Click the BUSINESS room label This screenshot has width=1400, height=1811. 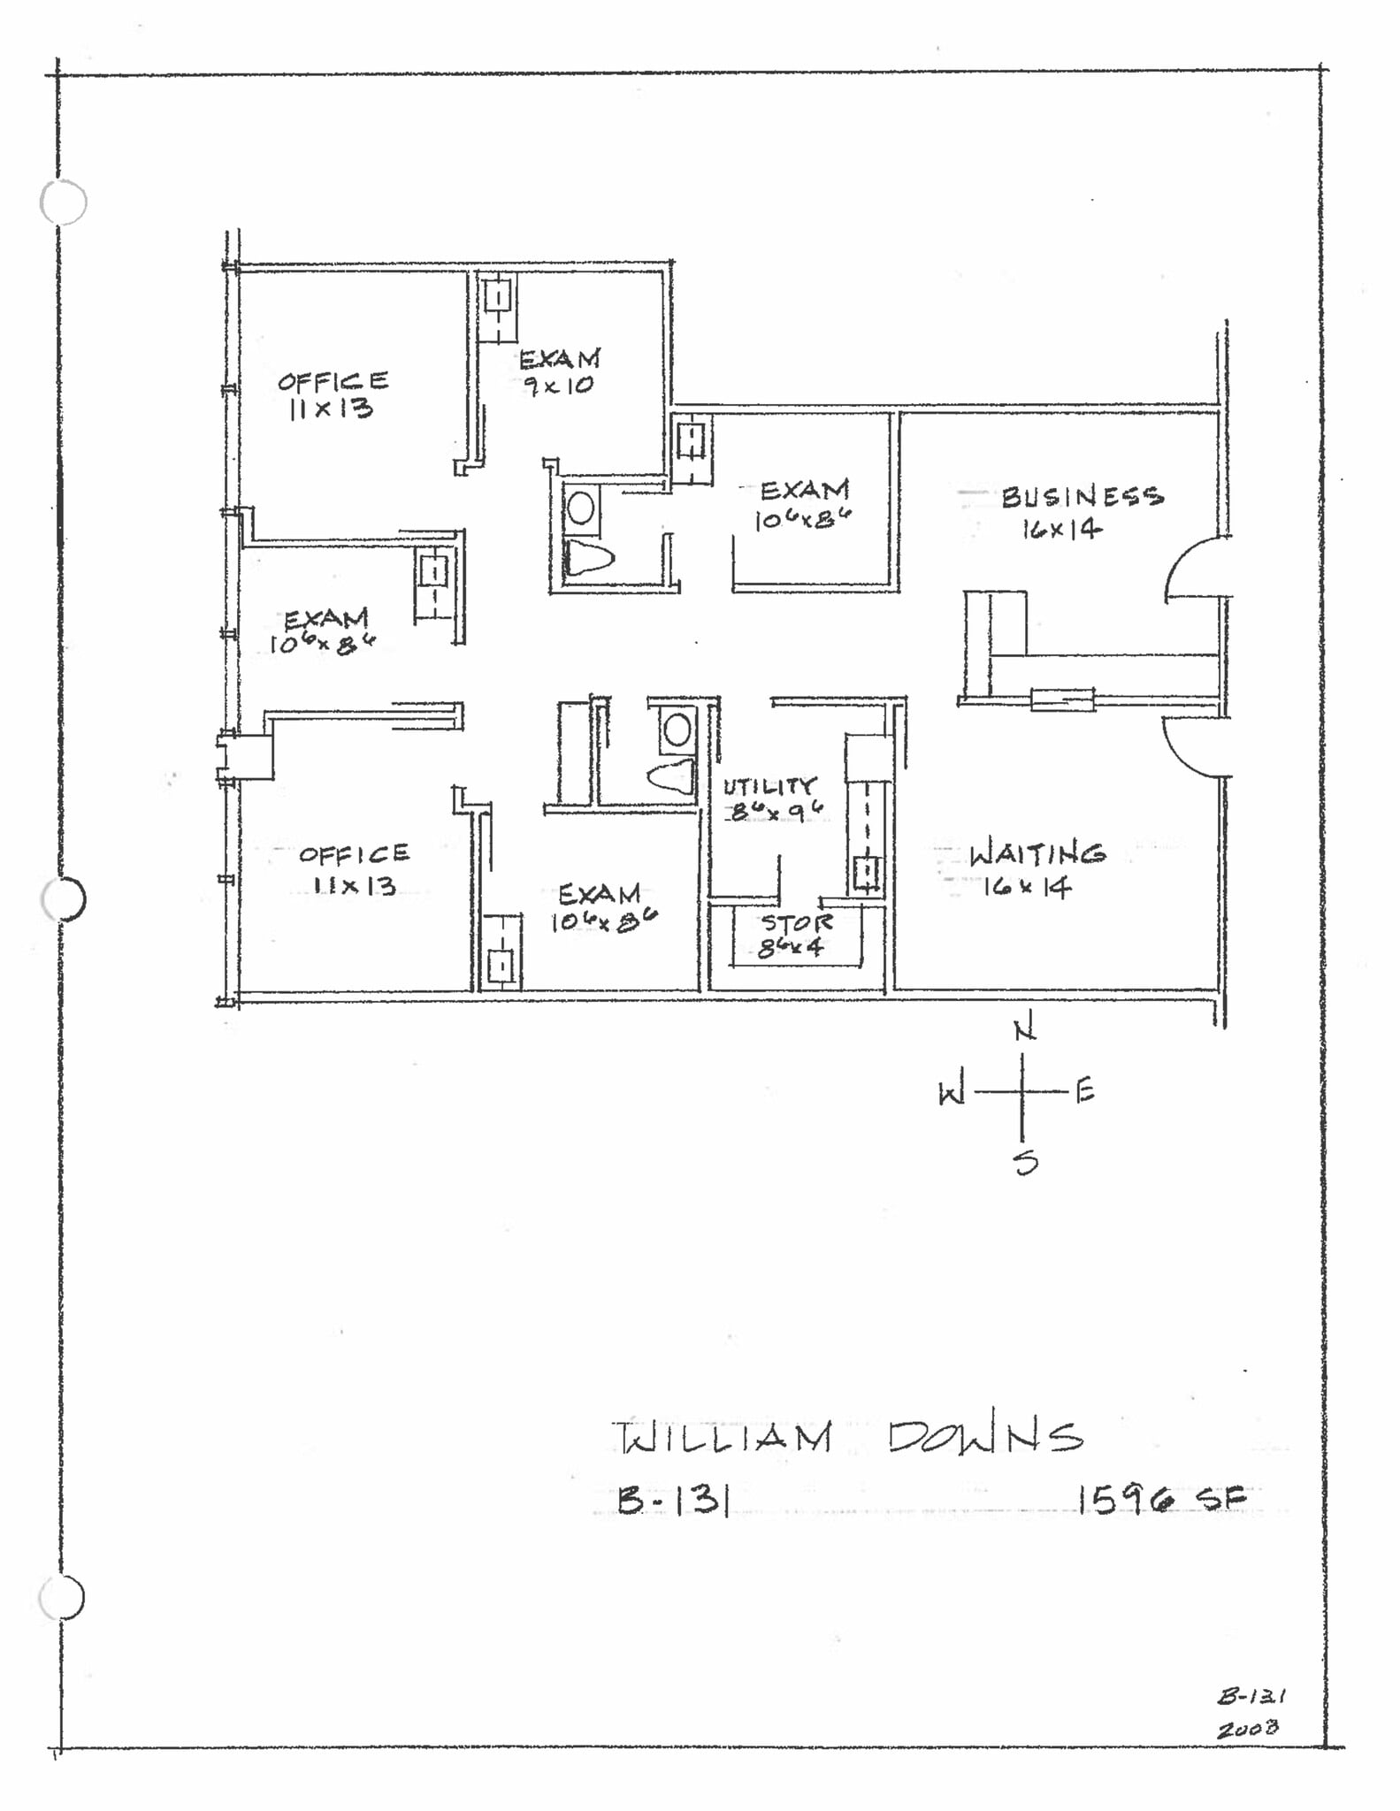1082,496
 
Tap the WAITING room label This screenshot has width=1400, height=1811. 1037,854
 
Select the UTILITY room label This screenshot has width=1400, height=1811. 769,786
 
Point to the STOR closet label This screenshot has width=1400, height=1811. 796,923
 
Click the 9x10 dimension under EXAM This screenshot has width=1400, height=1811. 558,386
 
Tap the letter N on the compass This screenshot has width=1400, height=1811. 1024,1030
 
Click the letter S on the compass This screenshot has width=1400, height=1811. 1026,1162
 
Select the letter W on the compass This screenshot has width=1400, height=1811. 951,1095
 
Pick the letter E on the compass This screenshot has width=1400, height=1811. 1086,1091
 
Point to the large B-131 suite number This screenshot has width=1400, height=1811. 673,1500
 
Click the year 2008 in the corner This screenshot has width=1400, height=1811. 1247,1728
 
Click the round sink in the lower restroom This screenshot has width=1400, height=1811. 677,731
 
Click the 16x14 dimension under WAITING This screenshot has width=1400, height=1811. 1028,886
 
